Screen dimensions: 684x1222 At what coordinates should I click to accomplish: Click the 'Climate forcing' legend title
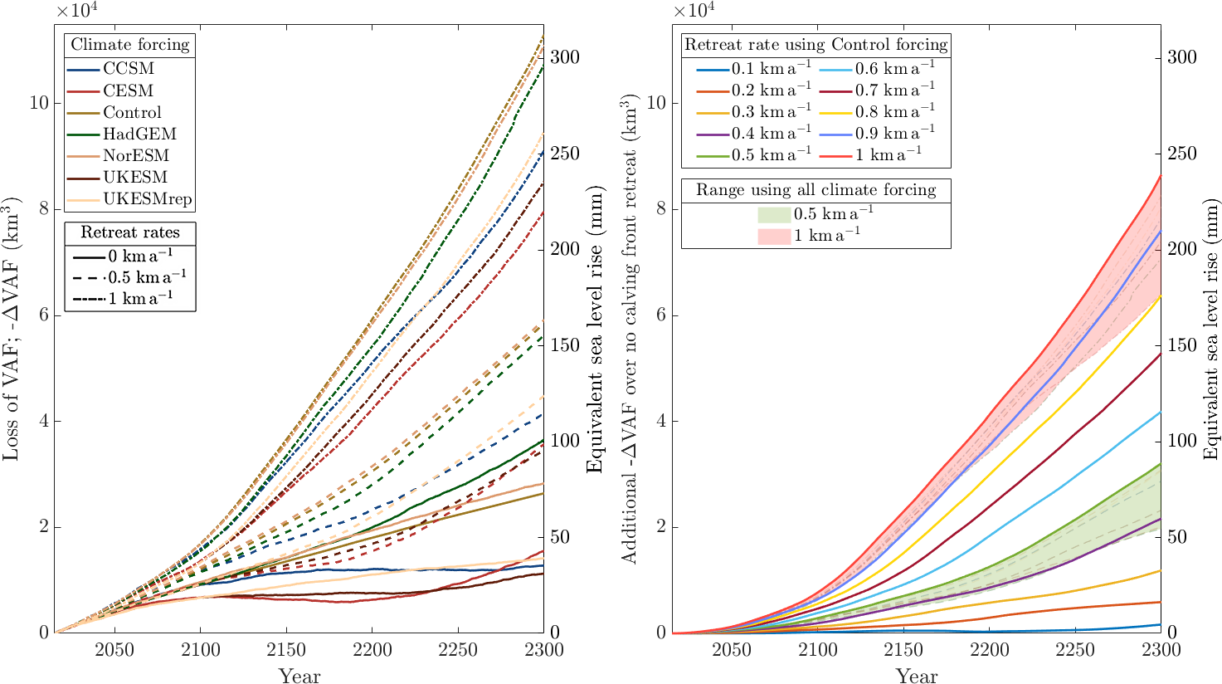tap(129, 45)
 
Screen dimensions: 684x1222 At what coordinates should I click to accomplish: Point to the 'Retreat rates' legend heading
tap(129, 232)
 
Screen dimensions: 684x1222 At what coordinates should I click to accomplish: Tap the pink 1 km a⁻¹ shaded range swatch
tap(773, 236)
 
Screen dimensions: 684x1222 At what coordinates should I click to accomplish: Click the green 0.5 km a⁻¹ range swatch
tap(773, 214)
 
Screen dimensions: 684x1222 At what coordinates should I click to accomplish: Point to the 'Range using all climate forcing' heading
tap(815, 190)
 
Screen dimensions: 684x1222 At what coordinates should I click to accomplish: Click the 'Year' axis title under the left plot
tap(299, 674)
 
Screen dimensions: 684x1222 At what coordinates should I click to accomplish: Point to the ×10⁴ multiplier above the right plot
tap(692, 11)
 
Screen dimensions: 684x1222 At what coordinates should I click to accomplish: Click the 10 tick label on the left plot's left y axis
tap(38, 104)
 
